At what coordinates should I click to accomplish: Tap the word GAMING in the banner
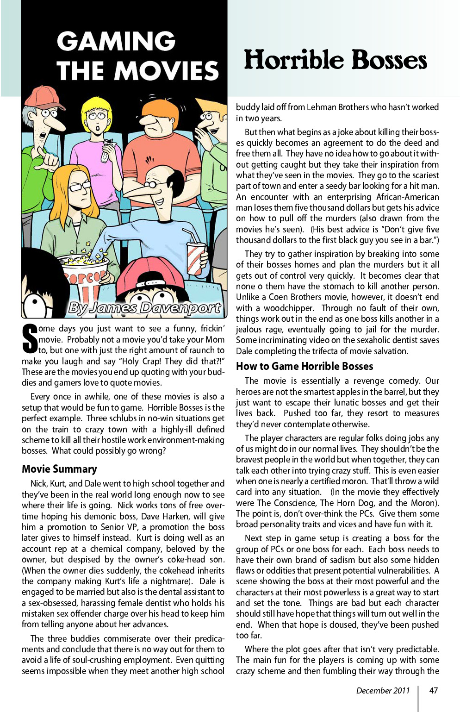pos(116,41)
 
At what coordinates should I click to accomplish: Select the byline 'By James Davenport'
pos(144,307)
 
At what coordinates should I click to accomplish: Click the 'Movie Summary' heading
pos(59,469)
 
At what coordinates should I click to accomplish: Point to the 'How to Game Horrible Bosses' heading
pos(305,366)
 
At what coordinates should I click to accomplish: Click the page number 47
pos(433,690)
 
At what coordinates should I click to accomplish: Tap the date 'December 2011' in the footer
pos(383,690)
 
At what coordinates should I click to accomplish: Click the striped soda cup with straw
pos(195,257)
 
